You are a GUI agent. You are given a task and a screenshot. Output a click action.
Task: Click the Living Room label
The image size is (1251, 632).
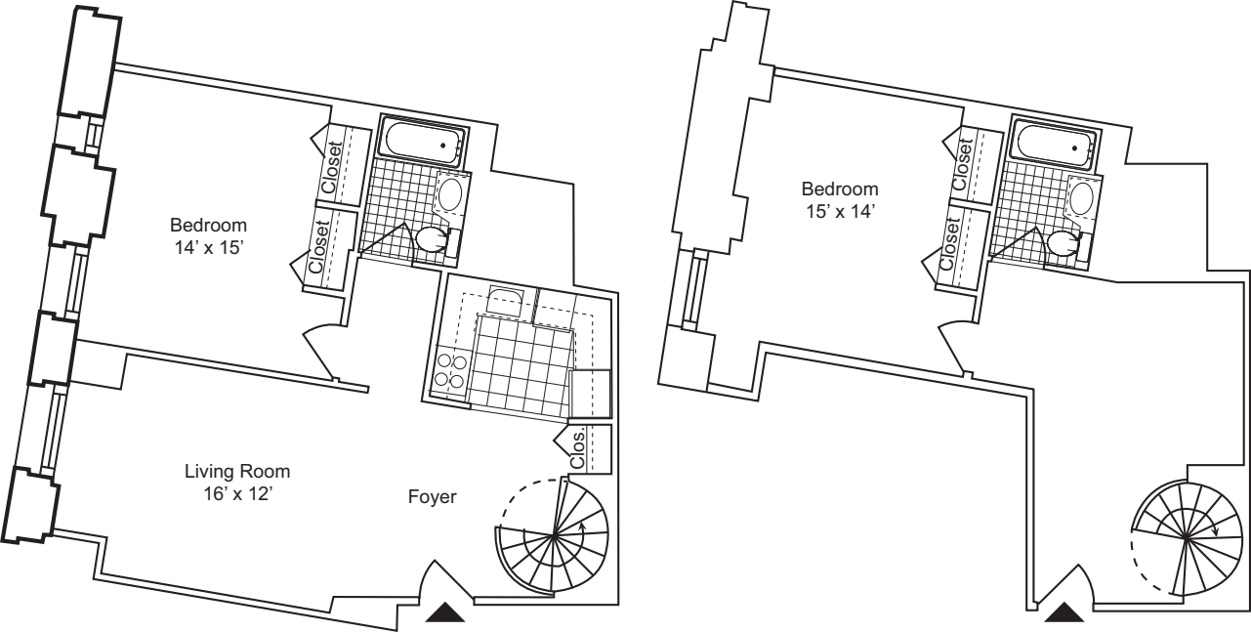click(x=237, y=472)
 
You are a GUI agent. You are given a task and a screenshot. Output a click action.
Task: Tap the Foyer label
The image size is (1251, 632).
click(x=432, y=497)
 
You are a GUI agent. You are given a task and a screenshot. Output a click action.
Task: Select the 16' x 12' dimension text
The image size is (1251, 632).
click(x=237, y=493)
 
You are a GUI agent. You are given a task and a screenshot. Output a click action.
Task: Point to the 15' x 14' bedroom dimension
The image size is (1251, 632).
click(x=840, y=210)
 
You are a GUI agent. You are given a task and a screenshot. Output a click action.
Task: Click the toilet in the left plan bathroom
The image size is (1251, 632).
click(x=432, y=238)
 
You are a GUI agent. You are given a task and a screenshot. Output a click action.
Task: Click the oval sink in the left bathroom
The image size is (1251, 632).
click(x=450, y=193)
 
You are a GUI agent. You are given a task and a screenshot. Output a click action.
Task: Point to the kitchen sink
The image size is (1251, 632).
click(x=505, y=299)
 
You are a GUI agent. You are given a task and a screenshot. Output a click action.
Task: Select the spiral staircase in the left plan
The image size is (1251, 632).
click(x=553, y=535)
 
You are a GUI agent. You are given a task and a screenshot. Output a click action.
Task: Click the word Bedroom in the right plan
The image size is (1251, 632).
click(x=840, y=189)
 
